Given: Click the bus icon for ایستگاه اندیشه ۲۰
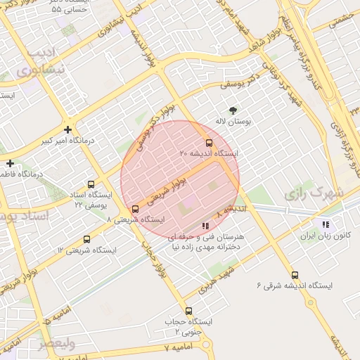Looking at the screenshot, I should [208, 143].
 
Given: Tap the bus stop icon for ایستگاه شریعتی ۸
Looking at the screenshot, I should [135, 209].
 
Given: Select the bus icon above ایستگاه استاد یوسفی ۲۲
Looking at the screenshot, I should [89, 184].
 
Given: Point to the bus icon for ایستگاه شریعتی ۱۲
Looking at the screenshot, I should [86, 239].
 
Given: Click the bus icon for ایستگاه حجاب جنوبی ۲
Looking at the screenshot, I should [188, 310].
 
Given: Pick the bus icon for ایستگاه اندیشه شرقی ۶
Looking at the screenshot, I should [294, 276].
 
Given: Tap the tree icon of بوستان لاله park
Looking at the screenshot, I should [233, 110].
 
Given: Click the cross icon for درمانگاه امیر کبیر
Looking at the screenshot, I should [67, 129].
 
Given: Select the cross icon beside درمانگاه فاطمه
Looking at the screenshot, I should [10, 163].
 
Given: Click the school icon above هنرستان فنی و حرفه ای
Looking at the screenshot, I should [205, 226].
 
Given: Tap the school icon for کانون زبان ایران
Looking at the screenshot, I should [325, 224].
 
